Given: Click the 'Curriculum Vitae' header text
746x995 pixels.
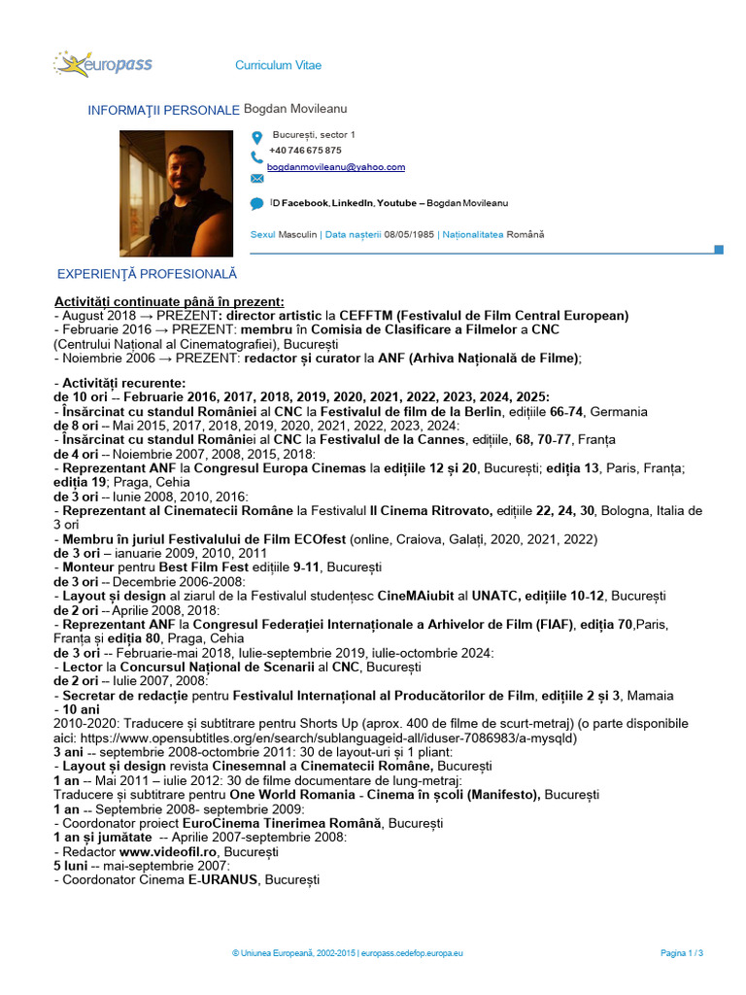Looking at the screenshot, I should pos(278,65).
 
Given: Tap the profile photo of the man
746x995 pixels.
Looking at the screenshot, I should pos(177,194).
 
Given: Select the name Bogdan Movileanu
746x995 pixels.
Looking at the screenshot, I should pos(295,110).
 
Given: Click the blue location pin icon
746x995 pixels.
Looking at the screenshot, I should pos(256,137).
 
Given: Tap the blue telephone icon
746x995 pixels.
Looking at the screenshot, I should pos(256,156).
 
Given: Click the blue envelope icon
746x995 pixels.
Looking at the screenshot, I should pos(256,179).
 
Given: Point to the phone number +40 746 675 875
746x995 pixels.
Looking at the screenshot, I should pos(305,151).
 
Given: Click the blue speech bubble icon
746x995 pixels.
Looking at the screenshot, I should pos(256,204).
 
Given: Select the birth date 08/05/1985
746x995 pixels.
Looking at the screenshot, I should pos(409,234).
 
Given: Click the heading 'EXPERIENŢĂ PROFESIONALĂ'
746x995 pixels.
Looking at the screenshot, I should pos(148,275).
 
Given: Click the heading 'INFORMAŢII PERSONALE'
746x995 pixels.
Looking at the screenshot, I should pos(163,111).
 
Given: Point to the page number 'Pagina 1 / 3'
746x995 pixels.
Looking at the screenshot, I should pos(682,953).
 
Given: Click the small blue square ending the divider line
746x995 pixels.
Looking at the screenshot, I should pos(719,250).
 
